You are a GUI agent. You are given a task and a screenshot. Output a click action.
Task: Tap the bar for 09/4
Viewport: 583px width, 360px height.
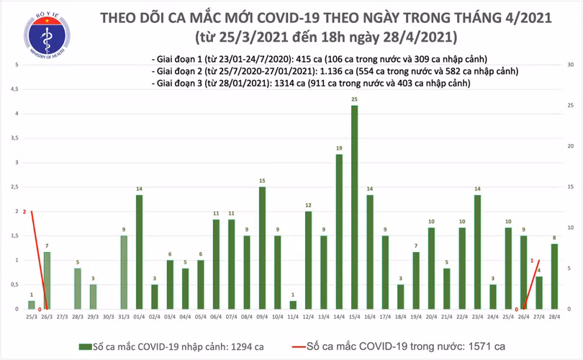pyautogui.click(x=262, y=248)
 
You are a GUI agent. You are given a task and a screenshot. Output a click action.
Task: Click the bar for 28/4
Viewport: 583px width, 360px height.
pyautogui.click(x=554, y=276)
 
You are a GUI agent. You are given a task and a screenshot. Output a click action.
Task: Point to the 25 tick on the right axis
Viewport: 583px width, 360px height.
pyautogui.click(x=569, y=106)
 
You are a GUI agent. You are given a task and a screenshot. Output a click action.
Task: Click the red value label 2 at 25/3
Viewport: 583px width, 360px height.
pyautogui.click(x=24, y=212)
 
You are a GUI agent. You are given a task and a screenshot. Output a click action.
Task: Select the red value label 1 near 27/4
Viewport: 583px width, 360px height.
pyautogui.click(x=532, y=261)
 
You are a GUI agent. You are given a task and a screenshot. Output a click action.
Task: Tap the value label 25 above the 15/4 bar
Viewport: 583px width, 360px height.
pyautogui.click(x=354, y=99)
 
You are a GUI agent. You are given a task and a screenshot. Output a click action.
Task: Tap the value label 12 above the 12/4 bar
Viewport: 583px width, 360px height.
pyautogui.click(x=308, y=205)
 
